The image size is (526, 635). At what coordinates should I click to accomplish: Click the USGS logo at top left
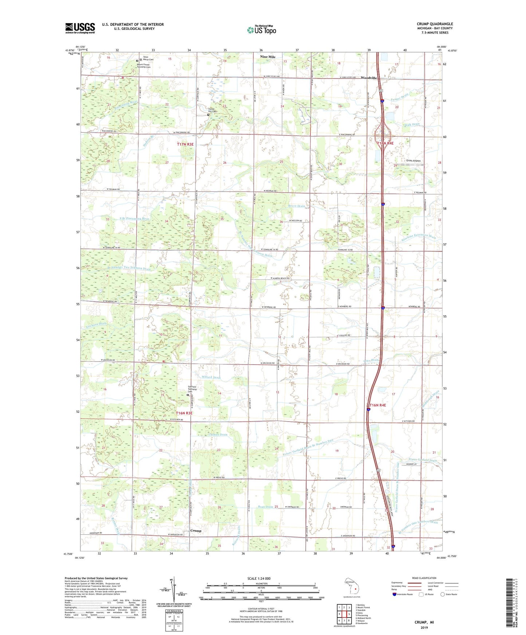point(80,28)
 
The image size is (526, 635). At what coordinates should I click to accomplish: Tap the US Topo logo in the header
point(261,30)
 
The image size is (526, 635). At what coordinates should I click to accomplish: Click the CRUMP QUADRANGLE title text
point(435,24)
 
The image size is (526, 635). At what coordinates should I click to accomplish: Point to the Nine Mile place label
point(268,57)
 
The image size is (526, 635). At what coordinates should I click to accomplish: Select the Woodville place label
point(368,78)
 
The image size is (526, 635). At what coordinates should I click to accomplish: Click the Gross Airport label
point(413,161)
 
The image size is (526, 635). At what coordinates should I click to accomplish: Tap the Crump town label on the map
point(196,531)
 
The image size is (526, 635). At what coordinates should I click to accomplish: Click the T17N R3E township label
point(185,144)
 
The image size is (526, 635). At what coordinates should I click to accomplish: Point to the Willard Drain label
point(209,378)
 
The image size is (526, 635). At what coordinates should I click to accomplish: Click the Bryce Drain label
point(297,206)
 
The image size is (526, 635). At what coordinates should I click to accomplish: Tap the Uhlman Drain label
point(218,435)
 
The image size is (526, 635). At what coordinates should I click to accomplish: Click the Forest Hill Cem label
point(212,110)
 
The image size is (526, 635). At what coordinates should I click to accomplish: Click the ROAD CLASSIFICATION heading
point(424,578)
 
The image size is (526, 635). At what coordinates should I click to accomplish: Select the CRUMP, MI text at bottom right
point(424,622)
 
